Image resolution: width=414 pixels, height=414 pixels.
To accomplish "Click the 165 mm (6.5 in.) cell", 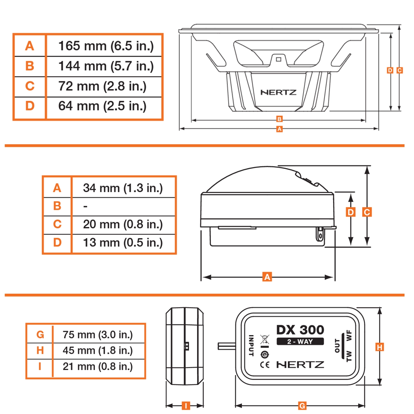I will click(106, 46).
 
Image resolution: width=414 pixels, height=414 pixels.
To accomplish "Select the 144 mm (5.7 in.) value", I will click(106, 66).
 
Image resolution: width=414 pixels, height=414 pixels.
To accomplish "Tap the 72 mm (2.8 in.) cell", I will click(102, 86).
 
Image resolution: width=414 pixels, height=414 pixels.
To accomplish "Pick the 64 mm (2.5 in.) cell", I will click(102, 106).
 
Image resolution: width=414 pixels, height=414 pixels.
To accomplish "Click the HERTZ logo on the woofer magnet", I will click(278, 93).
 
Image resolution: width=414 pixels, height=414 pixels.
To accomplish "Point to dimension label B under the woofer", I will click(279, 119).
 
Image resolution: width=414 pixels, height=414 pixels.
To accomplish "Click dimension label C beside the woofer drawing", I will click(400, 70).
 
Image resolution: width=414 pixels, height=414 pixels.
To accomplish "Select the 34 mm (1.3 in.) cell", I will click(123, 188).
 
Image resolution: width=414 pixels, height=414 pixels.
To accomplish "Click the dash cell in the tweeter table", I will click(85, 206).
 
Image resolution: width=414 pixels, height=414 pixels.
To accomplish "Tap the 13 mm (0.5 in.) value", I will click(123, 243).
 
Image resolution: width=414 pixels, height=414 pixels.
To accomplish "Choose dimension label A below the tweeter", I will click(267, 277).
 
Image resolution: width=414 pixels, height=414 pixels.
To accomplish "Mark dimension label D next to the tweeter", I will click(351, 212).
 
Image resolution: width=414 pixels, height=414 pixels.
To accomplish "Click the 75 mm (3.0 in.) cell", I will click(98, 335).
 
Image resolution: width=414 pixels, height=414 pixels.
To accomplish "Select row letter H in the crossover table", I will click(40, 350).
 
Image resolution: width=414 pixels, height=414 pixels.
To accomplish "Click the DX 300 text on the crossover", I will click(300, 330).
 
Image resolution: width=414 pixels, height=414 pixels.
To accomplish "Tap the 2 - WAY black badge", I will click(300, 342).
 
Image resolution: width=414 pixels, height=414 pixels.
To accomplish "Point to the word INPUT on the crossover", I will click(251, 345).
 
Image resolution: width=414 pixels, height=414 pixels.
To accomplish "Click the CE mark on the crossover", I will click(265, 365).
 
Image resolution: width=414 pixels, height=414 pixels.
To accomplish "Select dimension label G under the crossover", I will click(302, 406).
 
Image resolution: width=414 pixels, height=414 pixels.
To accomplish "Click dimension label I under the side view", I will click(186, 406).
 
